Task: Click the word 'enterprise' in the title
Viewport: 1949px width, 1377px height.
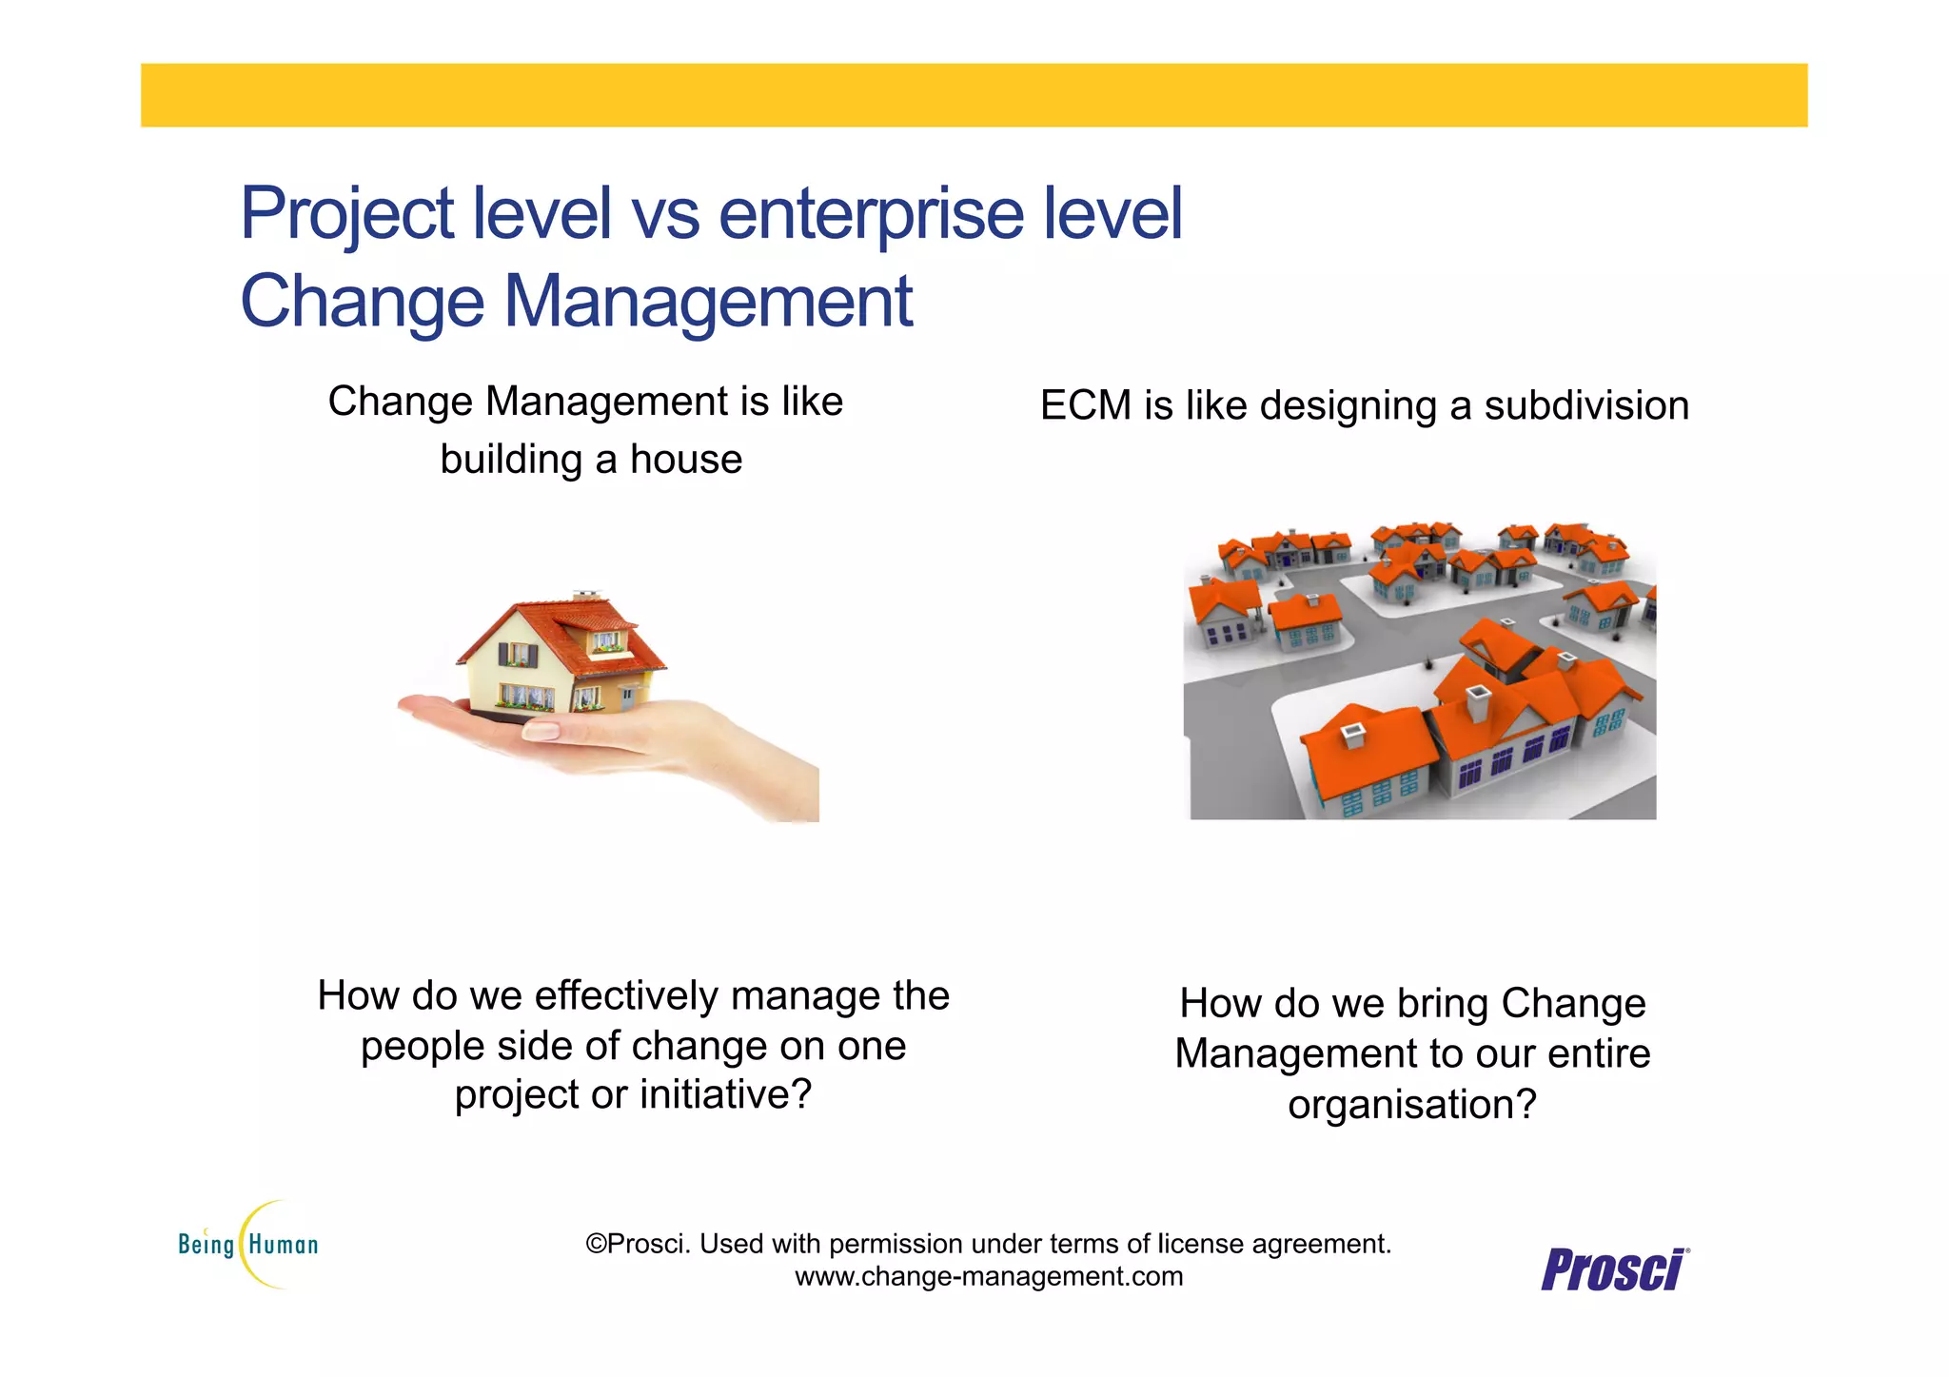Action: (x=871, y=214)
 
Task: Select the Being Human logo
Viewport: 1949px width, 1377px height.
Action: (x=249, y=1245)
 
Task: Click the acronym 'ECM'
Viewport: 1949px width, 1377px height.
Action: (x=1085, y=406)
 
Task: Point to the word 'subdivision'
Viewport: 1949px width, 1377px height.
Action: (x=1585, y=406)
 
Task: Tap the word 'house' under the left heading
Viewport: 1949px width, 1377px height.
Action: (x=685, y=460)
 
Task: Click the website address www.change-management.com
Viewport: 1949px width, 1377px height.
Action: (x=989, y=1276)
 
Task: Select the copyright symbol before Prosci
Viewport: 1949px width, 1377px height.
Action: (x=596, y=1244)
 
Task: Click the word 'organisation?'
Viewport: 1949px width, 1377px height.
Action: (x=1412, y=1105)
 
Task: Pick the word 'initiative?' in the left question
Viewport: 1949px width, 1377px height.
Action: (x=725, y=1095)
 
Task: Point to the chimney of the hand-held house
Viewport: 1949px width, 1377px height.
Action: (x=586, y=596)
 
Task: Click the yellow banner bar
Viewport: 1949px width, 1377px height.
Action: (x=974, y=95)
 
